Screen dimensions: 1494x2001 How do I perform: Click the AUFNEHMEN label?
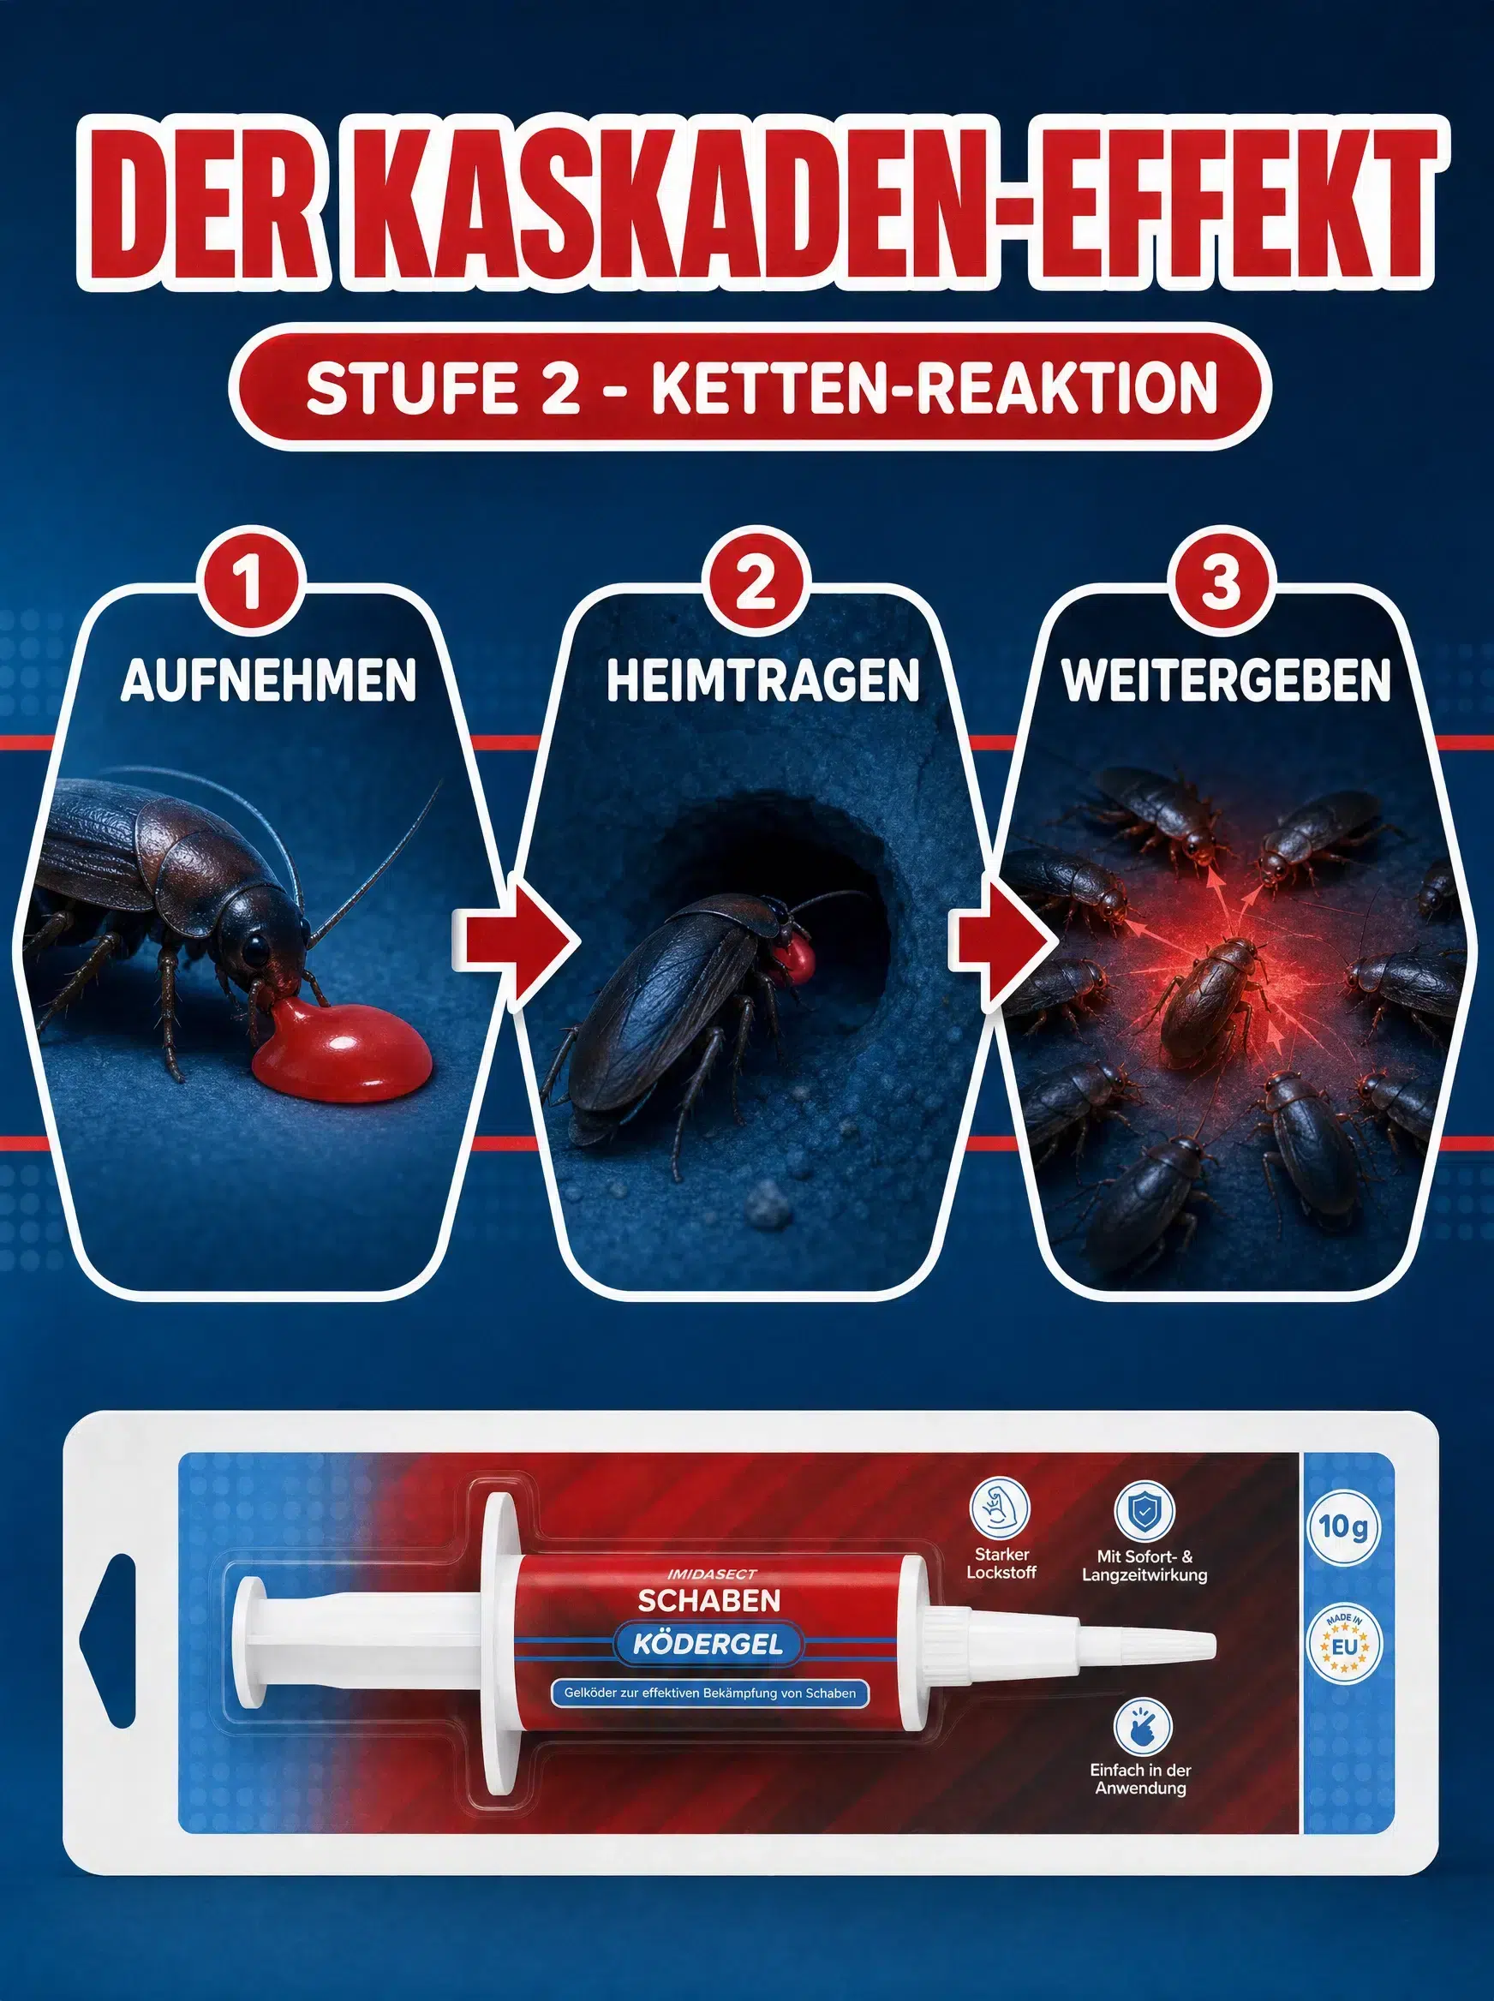click(269, 681)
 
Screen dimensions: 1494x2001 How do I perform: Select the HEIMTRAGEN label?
click(762, 681)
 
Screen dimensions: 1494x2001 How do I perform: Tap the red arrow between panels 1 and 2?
click(518, 941)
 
